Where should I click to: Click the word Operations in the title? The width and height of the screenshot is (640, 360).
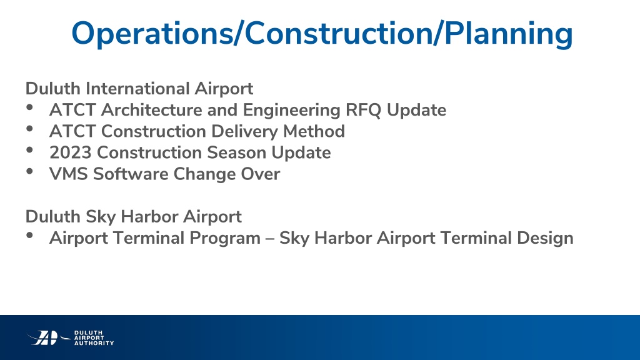coord(152,34)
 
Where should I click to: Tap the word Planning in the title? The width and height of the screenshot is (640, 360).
coord(509,34)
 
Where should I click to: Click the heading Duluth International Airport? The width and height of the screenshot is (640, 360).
coord(139,89)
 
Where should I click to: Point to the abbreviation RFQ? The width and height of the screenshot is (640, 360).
coord(363,110)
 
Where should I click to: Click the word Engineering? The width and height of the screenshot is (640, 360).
coord(291,110)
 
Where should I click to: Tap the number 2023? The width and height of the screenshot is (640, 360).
coord(70,152)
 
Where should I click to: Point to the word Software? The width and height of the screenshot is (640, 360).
coord(131,174)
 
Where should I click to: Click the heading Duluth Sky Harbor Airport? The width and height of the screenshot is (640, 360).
coord(134,217)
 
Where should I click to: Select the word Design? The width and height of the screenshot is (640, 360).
coord(545,238)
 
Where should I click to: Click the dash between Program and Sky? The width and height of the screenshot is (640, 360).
coord(270,239)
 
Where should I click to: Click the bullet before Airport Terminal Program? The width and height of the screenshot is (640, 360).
coord(29,235)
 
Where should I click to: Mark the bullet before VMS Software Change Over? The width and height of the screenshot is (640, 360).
coord(29,171)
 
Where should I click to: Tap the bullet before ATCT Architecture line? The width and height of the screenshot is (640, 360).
coord(29,107)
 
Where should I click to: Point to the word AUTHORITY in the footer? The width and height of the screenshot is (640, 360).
coord(94,343)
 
